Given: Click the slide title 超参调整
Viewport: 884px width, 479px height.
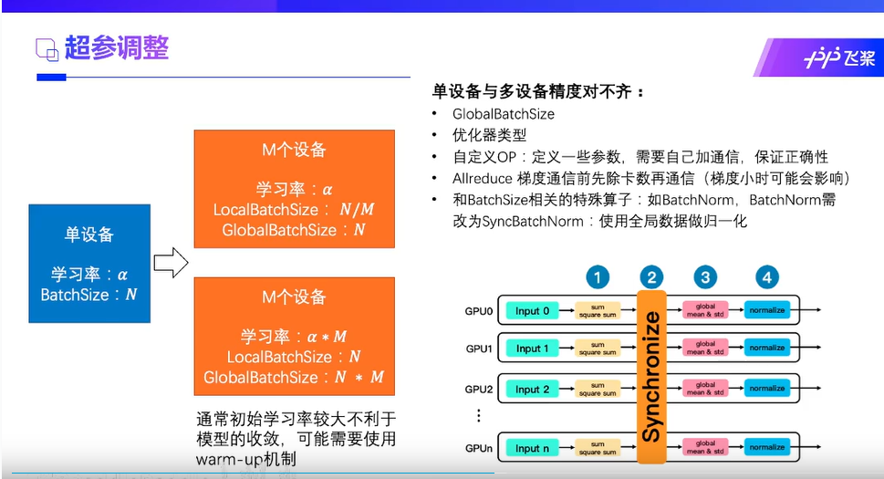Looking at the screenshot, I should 116,47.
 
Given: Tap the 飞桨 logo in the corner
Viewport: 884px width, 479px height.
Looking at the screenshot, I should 838,58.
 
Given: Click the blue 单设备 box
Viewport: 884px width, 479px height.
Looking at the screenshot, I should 89,264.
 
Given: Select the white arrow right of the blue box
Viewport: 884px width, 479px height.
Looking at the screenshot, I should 171,265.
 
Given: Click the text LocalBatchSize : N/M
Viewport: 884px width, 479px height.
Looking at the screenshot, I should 294,210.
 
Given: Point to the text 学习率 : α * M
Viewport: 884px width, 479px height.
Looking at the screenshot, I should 294,336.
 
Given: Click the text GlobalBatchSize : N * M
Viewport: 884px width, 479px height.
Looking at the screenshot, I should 294,377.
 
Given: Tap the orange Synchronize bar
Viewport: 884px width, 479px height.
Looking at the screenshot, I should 651,377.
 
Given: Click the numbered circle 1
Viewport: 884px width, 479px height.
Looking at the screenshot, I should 597,277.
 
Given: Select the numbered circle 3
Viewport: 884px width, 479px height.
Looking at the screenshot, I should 705,277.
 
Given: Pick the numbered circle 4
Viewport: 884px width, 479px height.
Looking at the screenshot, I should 767,277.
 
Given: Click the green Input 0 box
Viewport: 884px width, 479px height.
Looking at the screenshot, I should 533,311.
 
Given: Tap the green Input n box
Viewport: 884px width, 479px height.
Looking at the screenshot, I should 533,448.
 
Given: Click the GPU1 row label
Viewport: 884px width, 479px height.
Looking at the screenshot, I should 479,349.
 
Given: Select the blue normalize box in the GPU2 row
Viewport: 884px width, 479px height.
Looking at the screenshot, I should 766,390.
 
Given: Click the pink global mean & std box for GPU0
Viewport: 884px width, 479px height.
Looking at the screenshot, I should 705,311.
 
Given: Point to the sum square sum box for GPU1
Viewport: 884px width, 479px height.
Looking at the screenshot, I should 597,349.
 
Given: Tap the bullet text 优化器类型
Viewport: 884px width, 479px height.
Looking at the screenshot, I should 490,135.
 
